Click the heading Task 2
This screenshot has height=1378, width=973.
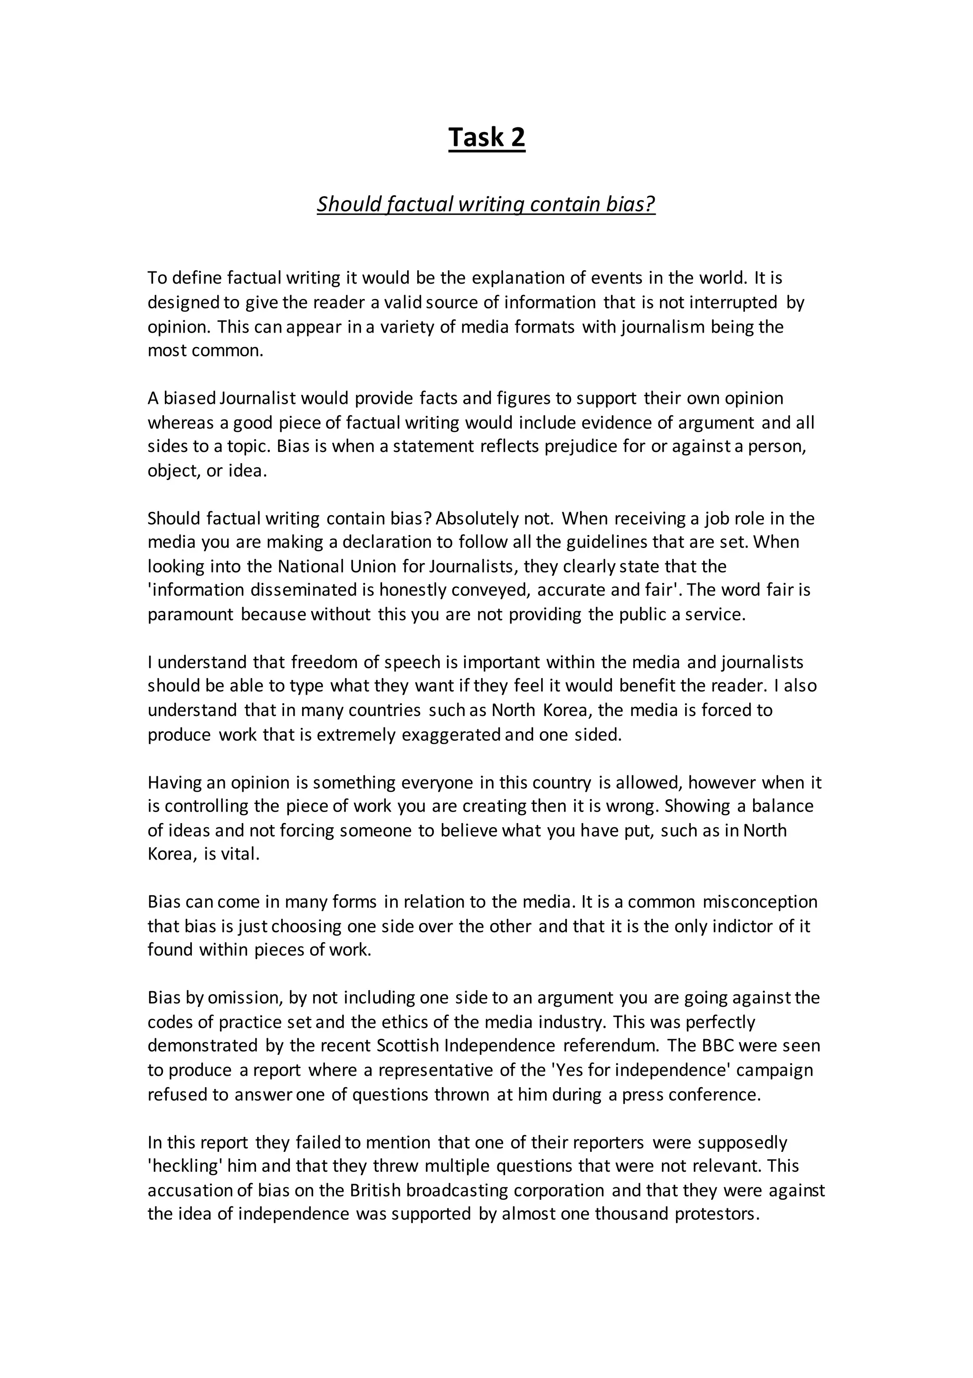[x=486, y=137]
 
